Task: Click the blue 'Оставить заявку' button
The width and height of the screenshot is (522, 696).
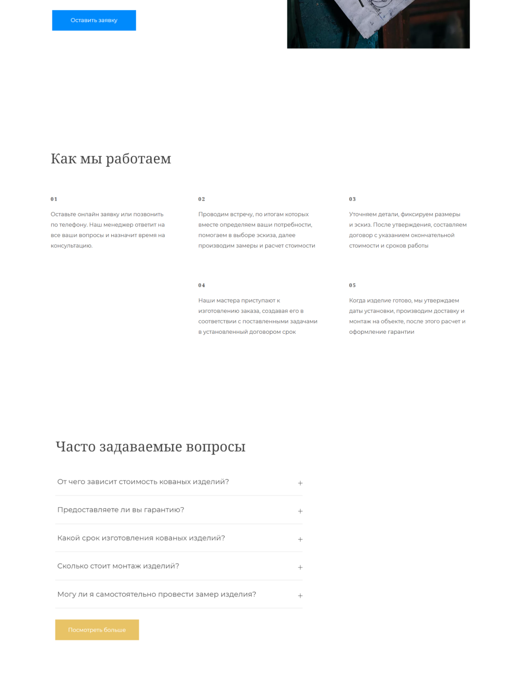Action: (x=94, y=20)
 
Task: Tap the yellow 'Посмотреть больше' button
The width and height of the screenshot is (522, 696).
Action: (x=97, y=630)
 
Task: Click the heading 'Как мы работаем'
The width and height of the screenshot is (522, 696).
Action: (x=111, y=159)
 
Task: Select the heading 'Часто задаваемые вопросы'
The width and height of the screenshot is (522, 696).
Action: (x=150, y=447)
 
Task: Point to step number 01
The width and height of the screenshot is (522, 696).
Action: (x=54, y=199)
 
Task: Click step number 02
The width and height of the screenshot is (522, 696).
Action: (x=202, y=199)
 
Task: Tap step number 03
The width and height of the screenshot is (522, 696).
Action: (x=352, y=199)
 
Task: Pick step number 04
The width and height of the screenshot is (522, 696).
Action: (x=202, y=285)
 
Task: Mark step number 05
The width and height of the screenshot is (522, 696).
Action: (x=352, y=285)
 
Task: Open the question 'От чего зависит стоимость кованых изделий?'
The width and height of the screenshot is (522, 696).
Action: (x=143, y=482)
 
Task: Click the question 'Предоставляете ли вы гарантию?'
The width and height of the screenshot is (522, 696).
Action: (x=121, y=510)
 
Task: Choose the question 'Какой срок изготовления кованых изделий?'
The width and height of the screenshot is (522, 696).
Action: (x=141, y=538)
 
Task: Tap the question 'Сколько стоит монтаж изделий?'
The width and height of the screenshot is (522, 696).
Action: (x=118, y=566)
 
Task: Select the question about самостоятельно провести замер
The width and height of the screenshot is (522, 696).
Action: (x=157, y=594)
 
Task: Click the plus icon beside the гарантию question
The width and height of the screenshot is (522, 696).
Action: (x=300, y=511)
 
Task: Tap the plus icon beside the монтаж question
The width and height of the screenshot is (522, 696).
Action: (x=300, y=568)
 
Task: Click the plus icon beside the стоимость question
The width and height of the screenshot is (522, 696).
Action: (x=300, y=483)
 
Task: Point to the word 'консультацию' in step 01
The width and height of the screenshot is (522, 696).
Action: (x=71, y=246)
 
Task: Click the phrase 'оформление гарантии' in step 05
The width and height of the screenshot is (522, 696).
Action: (x=382, y=332)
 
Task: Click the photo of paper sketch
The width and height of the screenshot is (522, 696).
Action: (x=378, y=23)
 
